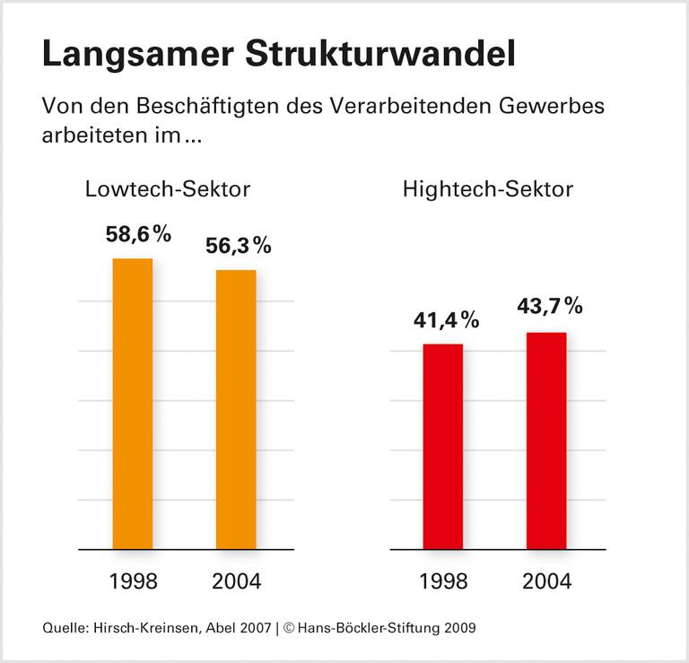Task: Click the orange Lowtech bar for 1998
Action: click(x=133, y=404)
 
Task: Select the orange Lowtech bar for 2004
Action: click(x=236, y=409)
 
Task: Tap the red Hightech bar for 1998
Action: click(x=443, y=446)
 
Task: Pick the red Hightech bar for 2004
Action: click(x=546, y=441)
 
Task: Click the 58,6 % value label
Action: click(x=138, y=234)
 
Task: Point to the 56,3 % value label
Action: click(x=239, y=246)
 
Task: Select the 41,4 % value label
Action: click(x=446, y=319)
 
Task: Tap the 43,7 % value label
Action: click(x=550, y=307)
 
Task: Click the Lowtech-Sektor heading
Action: click(x=168, y=189)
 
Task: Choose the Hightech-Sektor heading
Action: click(x=488, y=189)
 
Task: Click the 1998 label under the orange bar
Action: click(x=133, y=581)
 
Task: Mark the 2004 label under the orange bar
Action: click(x=237, y=581)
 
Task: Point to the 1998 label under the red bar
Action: click(x=443, y=581)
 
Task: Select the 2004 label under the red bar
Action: click(x=546, y=581)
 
